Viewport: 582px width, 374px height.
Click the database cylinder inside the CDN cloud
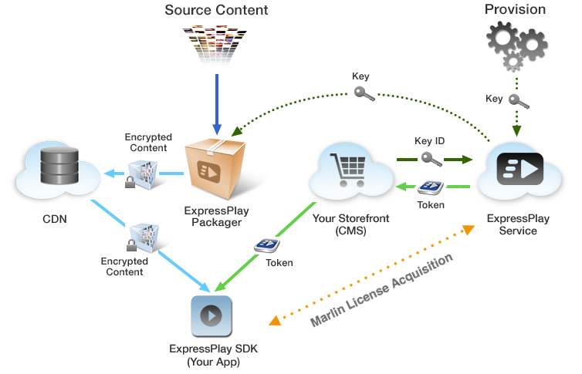click(52, 164)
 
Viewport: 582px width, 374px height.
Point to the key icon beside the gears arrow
click(519, 101)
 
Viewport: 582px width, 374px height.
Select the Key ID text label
click(429, 141)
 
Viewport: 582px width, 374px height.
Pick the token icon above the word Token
click(429, 187)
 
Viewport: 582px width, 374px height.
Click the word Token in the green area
click(279, 263)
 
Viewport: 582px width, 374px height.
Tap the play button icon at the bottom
click(212, 317)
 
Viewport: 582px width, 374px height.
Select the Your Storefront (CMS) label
click(350, 224)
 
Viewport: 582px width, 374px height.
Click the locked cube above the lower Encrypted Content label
click(144, 238)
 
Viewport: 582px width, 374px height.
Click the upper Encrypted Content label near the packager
click(148, 143)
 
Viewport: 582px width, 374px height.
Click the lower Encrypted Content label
click(125, 267)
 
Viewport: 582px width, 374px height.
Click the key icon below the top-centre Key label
click(364, 93)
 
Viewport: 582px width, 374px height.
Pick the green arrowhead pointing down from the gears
click(516, 131)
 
